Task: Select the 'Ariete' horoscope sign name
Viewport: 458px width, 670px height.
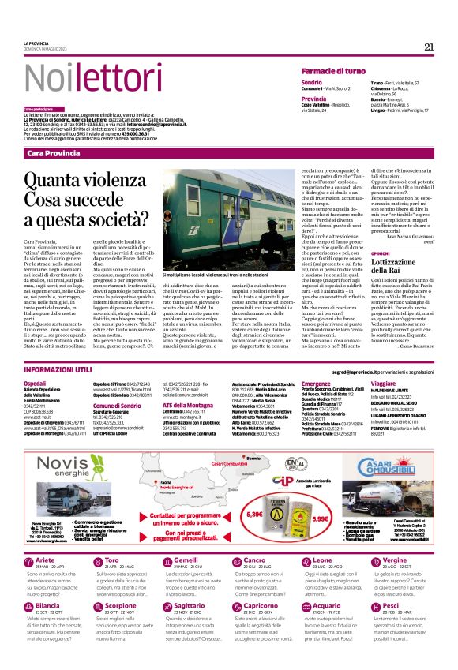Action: pos(46,582)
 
